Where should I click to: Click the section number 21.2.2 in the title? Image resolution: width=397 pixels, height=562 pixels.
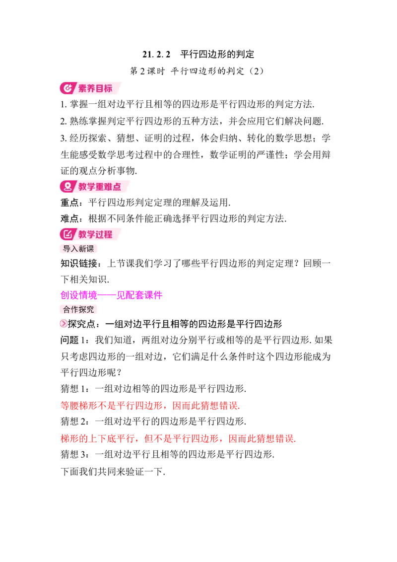pyautogui.click(x=156, y=54)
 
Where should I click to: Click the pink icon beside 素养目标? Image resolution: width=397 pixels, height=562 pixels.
pyautogui.click(x=67, y=88)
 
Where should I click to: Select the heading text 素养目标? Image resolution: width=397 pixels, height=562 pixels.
pyautogui.click(x=95, y=88)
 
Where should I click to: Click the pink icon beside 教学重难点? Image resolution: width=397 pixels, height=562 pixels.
pyautogui.click(x=67, y=186)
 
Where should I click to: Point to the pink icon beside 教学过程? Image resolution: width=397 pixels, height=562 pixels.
pyautogui.click(x=67, y=234)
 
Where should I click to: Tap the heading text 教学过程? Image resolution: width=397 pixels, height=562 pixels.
pyautogui.click(x=95, y=234)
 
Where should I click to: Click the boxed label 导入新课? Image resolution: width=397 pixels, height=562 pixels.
pyautogui.click(x=78, y=249)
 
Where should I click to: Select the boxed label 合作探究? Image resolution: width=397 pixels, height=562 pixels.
pyautogui.click(x=78, y=309)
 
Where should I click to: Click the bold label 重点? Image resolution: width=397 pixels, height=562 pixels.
pyautogui.click(x=69, y=203)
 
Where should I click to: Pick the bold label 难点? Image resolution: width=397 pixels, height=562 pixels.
pyautogui.click(x=69, y=218)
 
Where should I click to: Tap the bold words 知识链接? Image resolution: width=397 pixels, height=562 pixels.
pyautogui.click(x=79, y=264)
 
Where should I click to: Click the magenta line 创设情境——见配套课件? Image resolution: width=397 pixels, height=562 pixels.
pyautogui.click(x=112, y=295)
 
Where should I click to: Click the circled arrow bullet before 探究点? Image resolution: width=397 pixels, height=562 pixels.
pyautogui.click(x=64, y=324)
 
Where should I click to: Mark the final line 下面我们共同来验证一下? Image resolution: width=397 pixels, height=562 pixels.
pyautogui.click(x=113, y=472)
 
